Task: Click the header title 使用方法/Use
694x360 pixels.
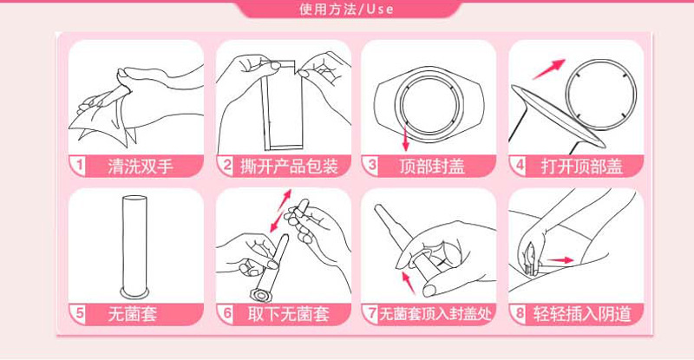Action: point(346,9)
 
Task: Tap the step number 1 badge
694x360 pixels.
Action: point(79,166)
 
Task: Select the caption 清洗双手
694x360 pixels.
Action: point(141,166)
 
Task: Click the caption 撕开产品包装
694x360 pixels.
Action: point(289,166)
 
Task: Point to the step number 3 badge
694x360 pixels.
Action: point(372,166)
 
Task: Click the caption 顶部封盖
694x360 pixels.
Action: point(432,166)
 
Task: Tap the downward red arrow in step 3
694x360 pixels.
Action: point(405,138)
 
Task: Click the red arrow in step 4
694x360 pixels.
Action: point(549,69)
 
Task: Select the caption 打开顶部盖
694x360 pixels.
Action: point(581,166)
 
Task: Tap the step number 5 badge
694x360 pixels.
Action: point(79,313)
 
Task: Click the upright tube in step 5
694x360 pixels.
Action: point(134,245)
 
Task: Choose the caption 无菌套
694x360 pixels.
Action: point(133,314)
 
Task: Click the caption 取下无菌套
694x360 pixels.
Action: point(289,314)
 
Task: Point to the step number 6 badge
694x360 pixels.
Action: point(227,313)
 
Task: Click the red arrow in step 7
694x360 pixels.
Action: point(409,283)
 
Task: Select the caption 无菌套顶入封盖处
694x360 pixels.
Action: point(435,314)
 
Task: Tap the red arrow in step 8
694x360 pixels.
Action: point(560,260)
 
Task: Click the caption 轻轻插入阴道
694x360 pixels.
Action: point(582,314)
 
